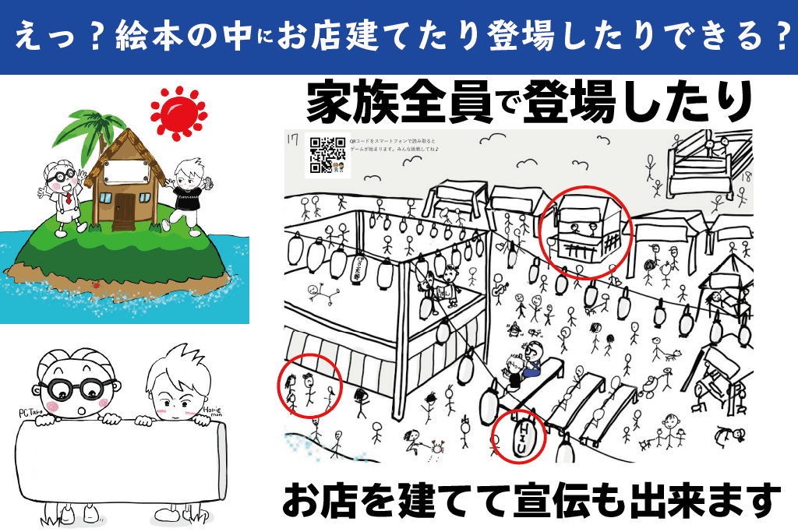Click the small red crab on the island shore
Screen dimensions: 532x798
96,286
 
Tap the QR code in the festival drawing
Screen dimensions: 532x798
327,154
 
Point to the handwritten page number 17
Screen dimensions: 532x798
294,140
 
